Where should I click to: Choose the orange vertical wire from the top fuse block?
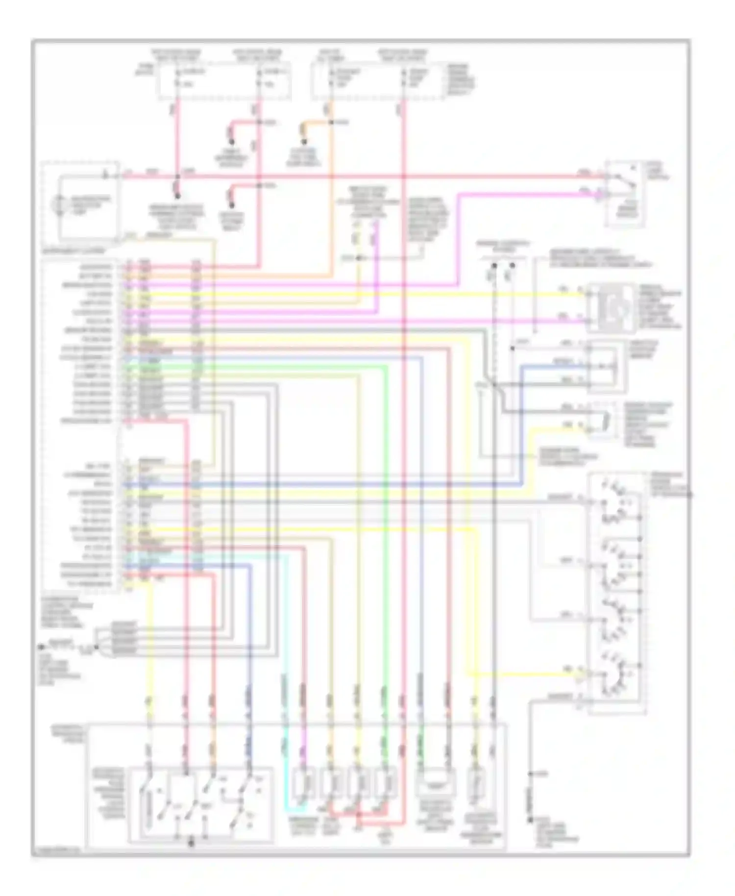(332, 196)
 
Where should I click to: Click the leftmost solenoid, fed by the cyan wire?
(304, 783)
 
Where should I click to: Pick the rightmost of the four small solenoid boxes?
(386, 783)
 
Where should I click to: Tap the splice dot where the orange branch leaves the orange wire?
(332, 122)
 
